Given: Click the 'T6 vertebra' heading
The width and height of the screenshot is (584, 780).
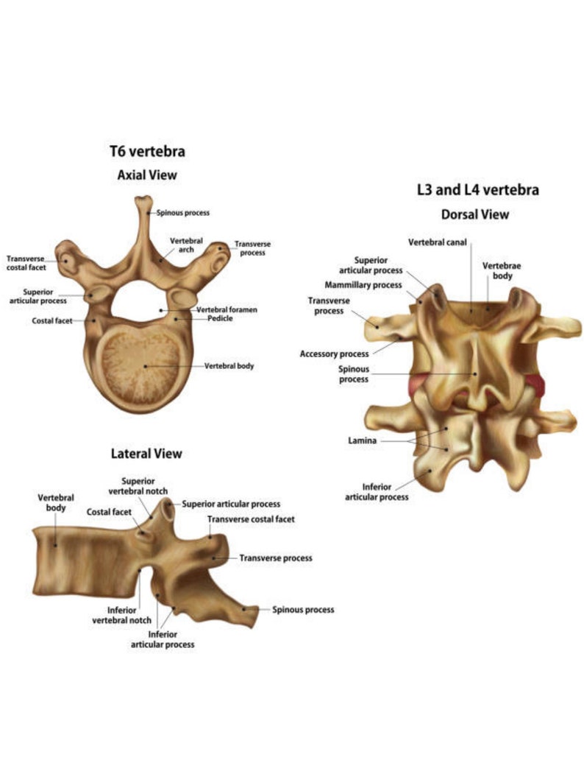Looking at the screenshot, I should coord(147,152).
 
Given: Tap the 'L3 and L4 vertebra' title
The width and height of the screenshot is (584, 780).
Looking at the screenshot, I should coord(477,189).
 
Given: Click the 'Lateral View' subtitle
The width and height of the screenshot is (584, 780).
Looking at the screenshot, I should coord(146,453).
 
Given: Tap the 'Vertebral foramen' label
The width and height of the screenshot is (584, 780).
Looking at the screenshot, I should coord(227,309).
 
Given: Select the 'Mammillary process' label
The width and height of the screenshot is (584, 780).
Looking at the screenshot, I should coord(363,285).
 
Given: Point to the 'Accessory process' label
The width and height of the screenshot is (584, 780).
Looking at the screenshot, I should coord(334,354).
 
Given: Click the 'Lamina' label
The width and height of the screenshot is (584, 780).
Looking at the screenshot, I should coord(362,440).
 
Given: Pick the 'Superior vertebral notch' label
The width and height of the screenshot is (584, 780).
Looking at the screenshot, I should coord(138,486).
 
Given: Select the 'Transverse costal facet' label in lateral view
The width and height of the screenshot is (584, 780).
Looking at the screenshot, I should coord(251,519).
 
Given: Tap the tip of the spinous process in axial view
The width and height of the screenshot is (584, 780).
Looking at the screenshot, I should coord(145,201).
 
